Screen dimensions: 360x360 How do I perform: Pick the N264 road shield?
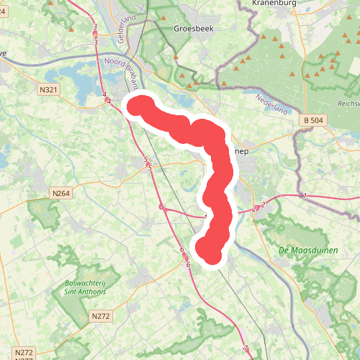coord(61,193)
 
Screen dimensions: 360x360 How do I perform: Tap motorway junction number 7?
coord(246,348)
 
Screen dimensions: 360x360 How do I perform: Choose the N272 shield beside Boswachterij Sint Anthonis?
coord(101,316)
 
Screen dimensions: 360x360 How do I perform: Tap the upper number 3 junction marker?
coord(95,27)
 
